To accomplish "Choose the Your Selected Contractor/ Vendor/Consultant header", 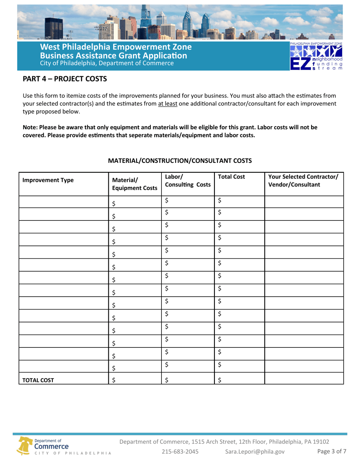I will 303,180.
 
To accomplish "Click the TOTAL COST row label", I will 37,379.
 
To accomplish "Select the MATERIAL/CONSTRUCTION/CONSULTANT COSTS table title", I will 180,161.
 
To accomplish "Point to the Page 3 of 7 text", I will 332,451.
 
